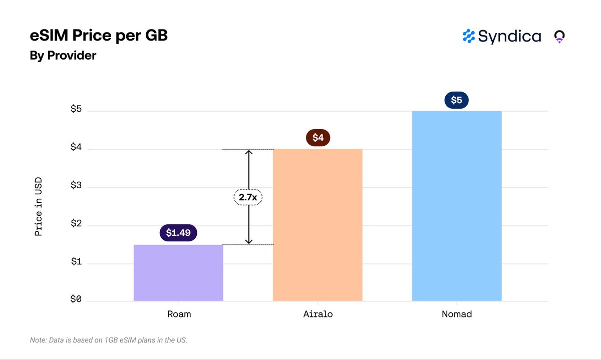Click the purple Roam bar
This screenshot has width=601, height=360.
coord(178,273)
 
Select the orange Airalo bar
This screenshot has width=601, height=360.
coord(318,225)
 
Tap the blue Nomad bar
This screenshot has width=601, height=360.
coord(457,206)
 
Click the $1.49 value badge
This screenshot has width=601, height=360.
coord(178,233)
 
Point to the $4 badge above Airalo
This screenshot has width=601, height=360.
coord(318,138)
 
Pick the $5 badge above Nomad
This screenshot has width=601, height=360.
coord(457,100)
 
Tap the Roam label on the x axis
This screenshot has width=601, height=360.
coord(179,314)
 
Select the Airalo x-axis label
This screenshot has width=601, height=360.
coord(318,314)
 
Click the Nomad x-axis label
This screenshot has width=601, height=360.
coord(457,314)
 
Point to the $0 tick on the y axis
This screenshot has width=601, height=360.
coord(76,300)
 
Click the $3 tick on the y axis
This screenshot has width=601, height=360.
coord(76,186)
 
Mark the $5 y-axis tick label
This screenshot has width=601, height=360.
coord(76,110)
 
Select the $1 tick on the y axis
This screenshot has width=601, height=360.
coord(76,262)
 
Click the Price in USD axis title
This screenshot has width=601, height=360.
coord(39,206)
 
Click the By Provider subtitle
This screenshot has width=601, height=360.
coord(63,56)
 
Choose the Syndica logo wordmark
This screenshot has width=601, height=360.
coord(502,36)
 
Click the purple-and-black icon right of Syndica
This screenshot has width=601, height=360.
coord(559,37)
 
